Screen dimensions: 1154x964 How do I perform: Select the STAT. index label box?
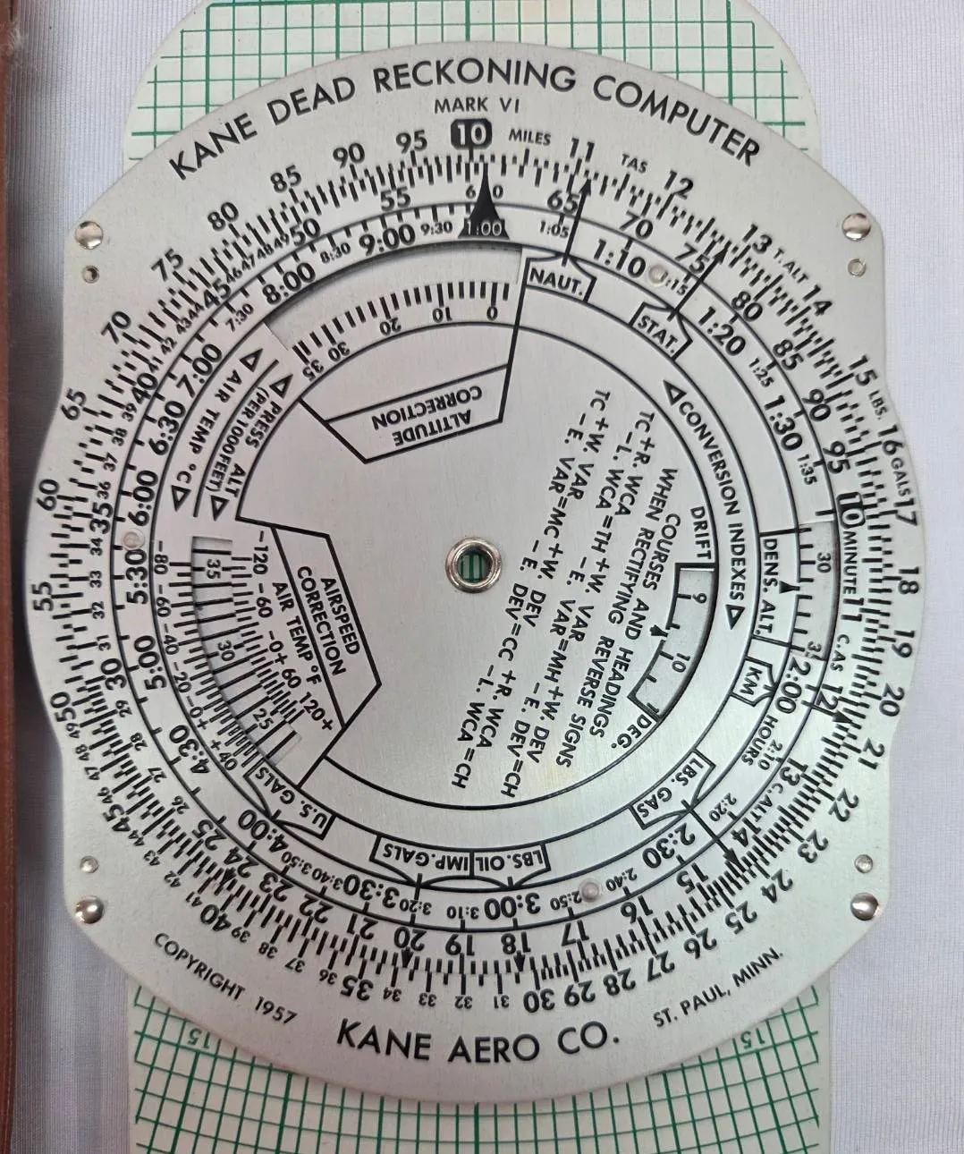[x=660, y=328]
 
